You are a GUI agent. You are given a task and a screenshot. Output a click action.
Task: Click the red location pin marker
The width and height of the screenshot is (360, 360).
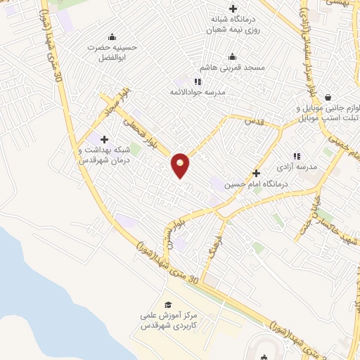[181, 165]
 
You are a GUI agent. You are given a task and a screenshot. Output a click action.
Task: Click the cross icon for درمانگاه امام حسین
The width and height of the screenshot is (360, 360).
[256, 172]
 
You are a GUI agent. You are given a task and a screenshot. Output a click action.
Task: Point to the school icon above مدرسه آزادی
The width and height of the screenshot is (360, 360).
[296, 156]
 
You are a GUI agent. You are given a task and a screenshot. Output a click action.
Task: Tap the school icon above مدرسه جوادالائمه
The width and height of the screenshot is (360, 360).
[198, 82]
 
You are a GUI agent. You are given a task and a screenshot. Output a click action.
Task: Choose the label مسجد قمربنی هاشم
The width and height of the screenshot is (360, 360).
[233, 67]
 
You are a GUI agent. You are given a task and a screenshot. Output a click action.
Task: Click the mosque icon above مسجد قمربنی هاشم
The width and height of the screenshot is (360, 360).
[233, 57]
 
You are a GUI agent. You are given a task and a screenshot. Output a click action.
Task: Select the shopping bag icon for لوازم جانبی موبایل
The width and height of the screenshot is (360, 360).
[328, 98]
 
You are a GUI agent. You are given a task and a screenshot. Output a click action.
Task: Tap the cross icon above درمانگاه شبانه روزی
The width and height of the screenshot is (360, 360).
[233, 8]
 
